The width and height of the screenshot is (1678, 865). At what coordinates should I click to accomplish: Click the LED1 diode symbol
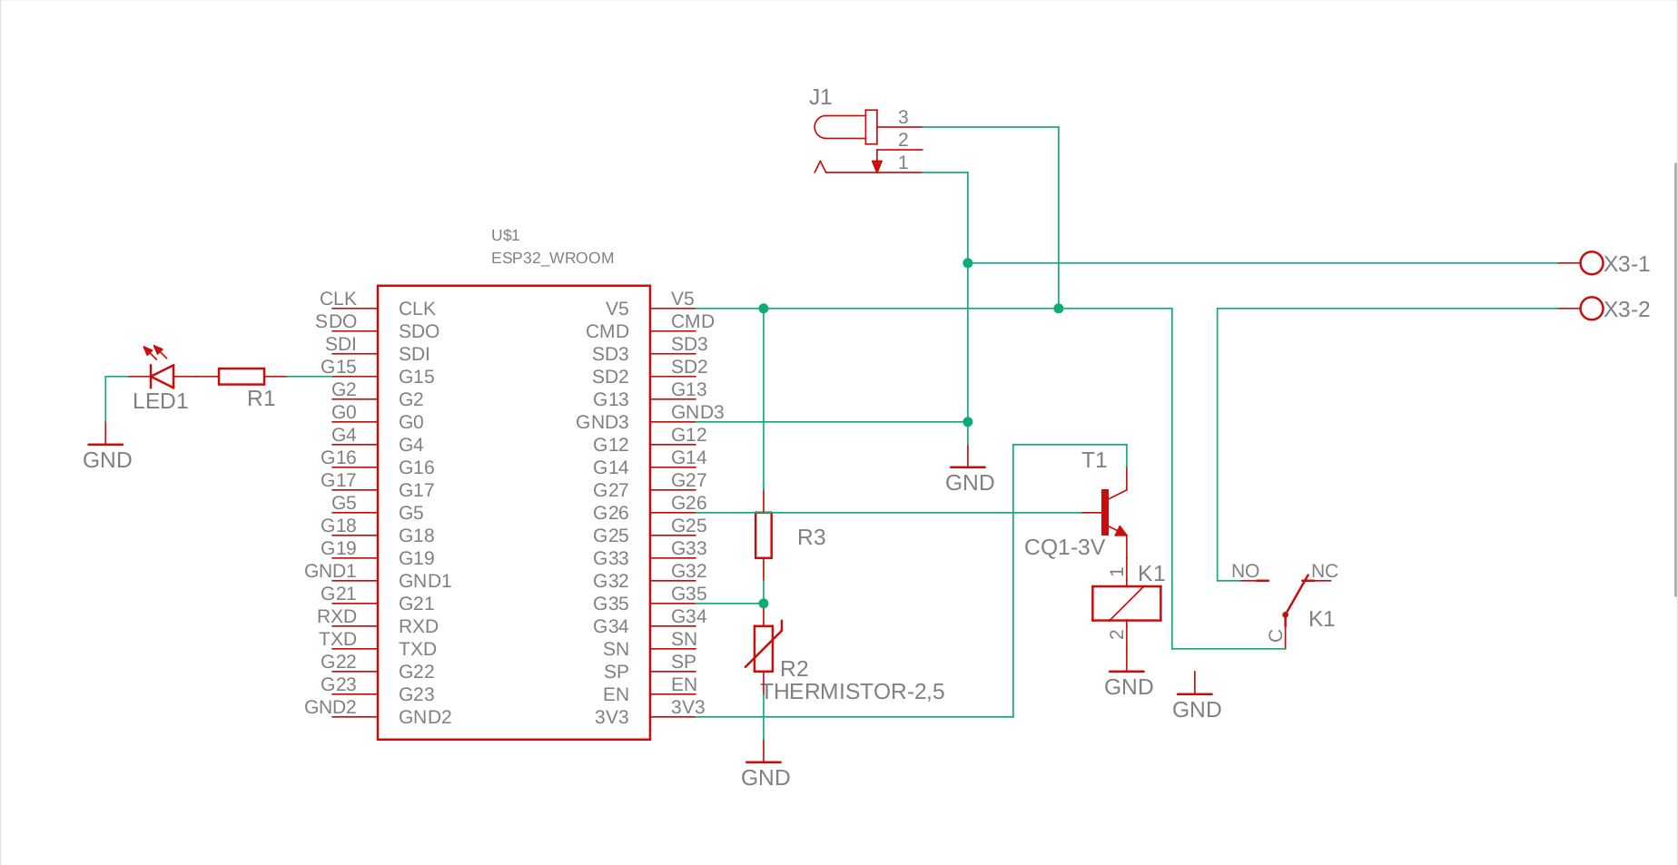(163, 376)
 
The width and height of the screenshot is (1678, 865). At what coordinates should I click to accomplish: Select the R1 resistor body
(242, 376)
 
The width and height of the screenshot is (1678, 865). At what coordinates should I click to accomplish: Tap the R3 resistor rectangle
(764, 536)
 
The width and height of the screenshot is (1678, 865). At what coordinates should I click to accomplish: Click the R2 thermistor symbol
(764, 647)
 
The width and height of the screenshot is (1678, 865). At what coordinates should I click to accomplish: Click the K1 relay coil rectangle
(1126, 604)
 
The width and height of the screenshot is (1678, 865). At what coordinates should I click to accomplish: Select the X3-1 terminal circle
(1591, 263)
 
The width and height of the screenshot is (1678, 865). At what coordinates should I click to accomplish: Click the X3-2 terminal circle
(1591, 309)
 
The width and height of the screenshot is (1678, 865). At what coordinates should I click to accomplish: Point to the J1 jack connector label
(820, 97)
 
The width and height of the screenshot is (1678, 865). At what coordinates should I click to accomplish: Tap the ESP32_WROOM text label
(552, 258)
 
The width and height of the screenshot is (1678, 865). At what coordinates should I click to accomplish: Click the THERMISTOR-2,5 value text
(853, 692)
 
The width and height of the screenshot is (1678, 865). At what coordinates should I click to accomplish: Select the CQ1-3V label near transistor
(1064, 547)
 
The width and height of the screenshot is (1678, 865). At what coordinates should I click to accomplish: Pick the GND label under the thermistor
(765, 778)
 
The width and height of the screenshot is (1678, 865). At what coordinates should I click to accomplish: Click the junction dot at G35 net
(764, 604)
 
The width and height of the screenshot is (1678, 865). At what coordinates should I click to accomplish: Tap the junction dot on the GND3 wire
(968, 422)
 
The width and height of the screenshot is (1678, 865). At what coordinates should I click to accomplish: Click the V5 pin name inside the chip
(617, 309)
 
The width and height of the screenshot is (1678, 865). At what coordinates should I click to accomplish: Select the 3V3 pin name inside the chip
(611, 717)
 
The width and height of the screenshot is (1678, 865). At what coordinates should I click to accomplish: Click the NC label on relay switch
(1324, 571)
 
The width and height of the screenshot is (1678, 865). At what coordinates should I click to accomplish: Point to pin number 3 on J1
(903, 117)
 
